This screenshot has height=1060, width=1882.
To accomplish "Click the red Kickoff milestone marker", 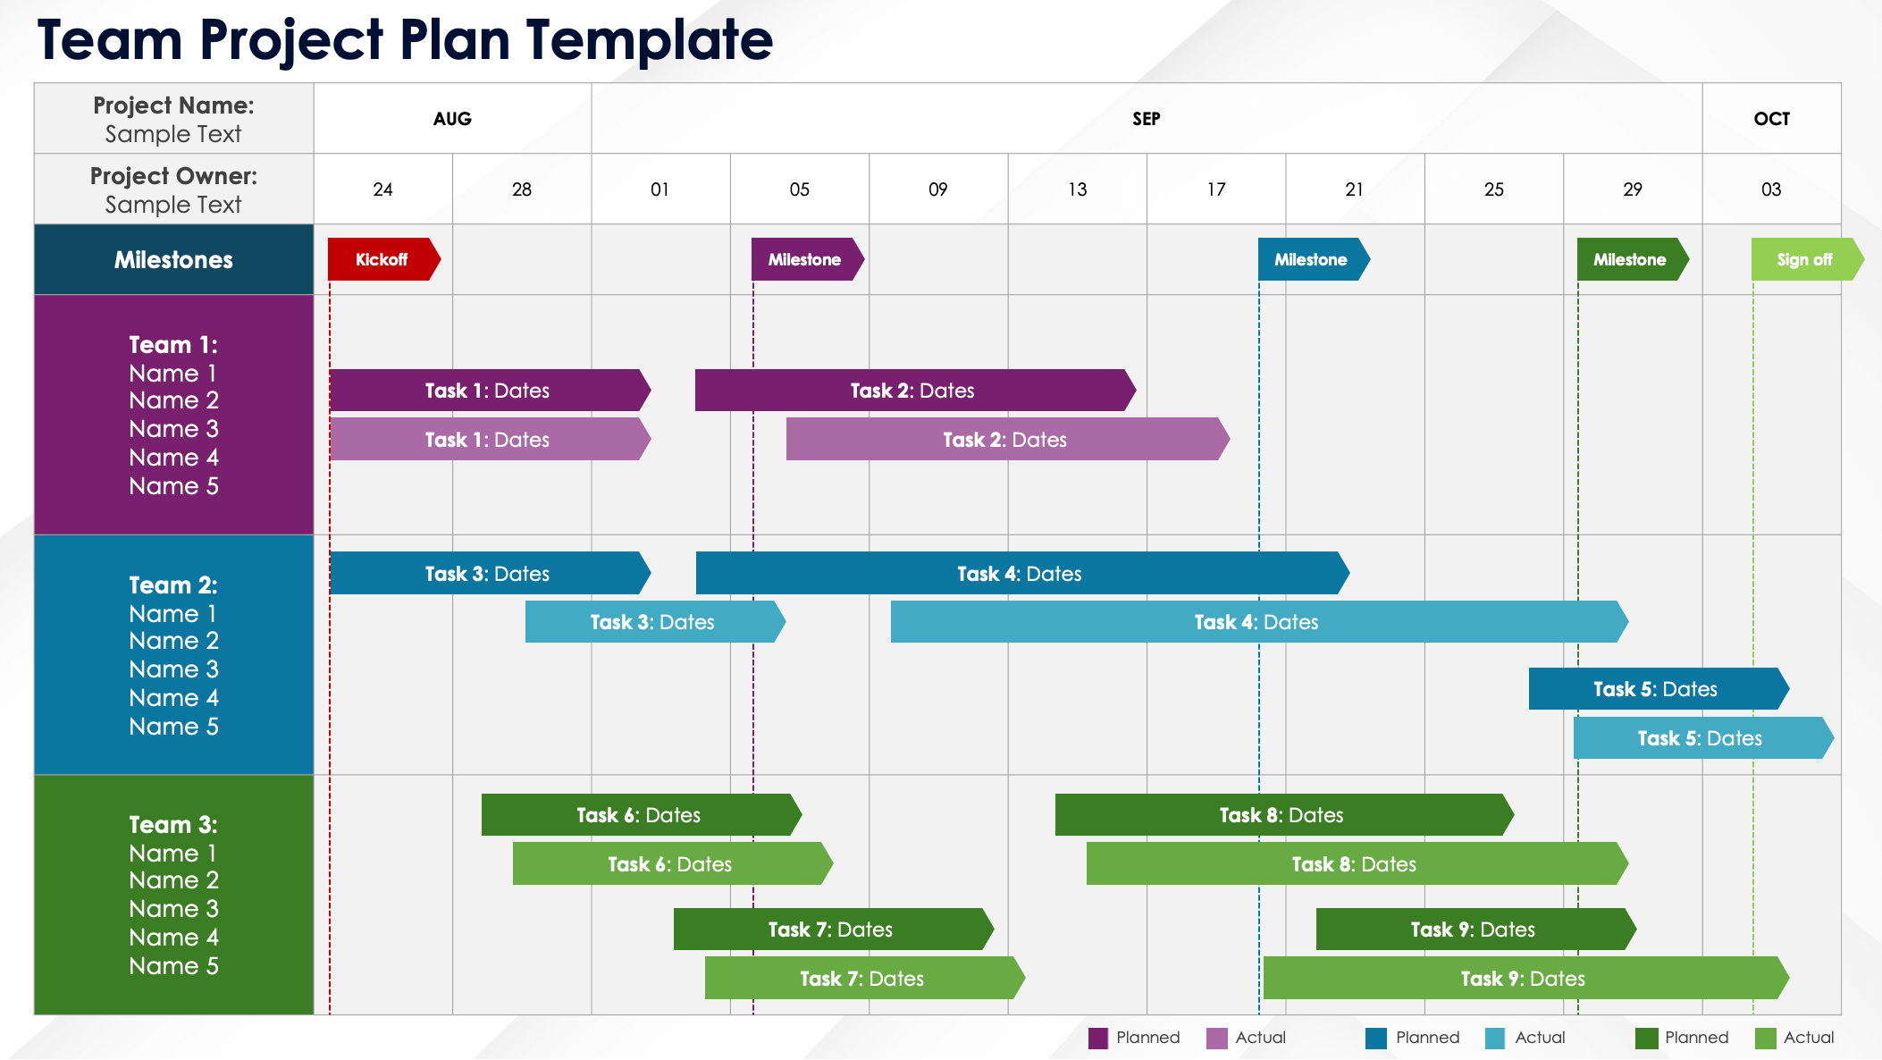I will [382, 259].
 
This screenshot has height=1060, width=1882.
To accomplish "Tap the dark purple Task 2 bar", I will [912, 391].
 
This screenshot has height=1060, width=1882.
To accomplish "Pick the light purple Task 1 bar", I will [487, 440].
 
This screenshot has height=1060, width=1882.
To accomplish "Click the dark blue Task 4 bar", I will [1019, 574].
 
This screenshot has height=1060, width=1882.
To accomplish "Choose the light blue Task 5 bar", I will [1700, 738].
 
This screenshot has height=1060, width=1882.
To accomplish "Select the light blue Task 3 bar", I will [652, 622].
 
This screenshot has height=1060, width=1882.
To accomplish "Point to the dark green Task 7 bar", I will [830, 930].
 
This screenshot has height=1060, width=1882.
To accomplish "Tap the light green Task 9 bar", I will [1523, 979].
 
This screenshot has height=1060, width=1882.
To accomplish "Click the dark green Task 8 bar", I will [1281, 815].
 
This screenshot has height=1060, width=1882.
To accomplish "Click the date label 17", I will [1216, 189].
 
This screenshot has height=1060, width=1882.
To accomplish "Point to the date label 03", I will [1771, 189].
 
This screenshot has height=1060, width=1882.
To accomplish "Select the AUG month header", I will [452, 119].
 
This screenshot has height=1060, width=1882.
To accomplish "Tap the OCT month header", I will [1771, 119].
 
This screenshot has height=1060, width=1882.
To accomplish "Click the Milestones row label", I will [173, 260].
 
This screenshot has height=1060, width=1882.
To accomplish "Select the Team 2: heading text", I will [173, 585].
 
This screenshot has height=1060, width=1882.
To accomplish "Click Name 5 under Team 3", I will [173, 966].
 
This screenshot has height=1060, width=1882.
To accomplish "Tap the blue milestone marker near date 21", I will [1311, 259].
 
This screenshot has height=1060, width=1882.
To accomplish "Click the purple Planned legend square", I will [1098, 1038].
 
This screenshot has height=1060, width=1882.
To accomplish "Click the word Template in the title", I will [650, 40].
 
